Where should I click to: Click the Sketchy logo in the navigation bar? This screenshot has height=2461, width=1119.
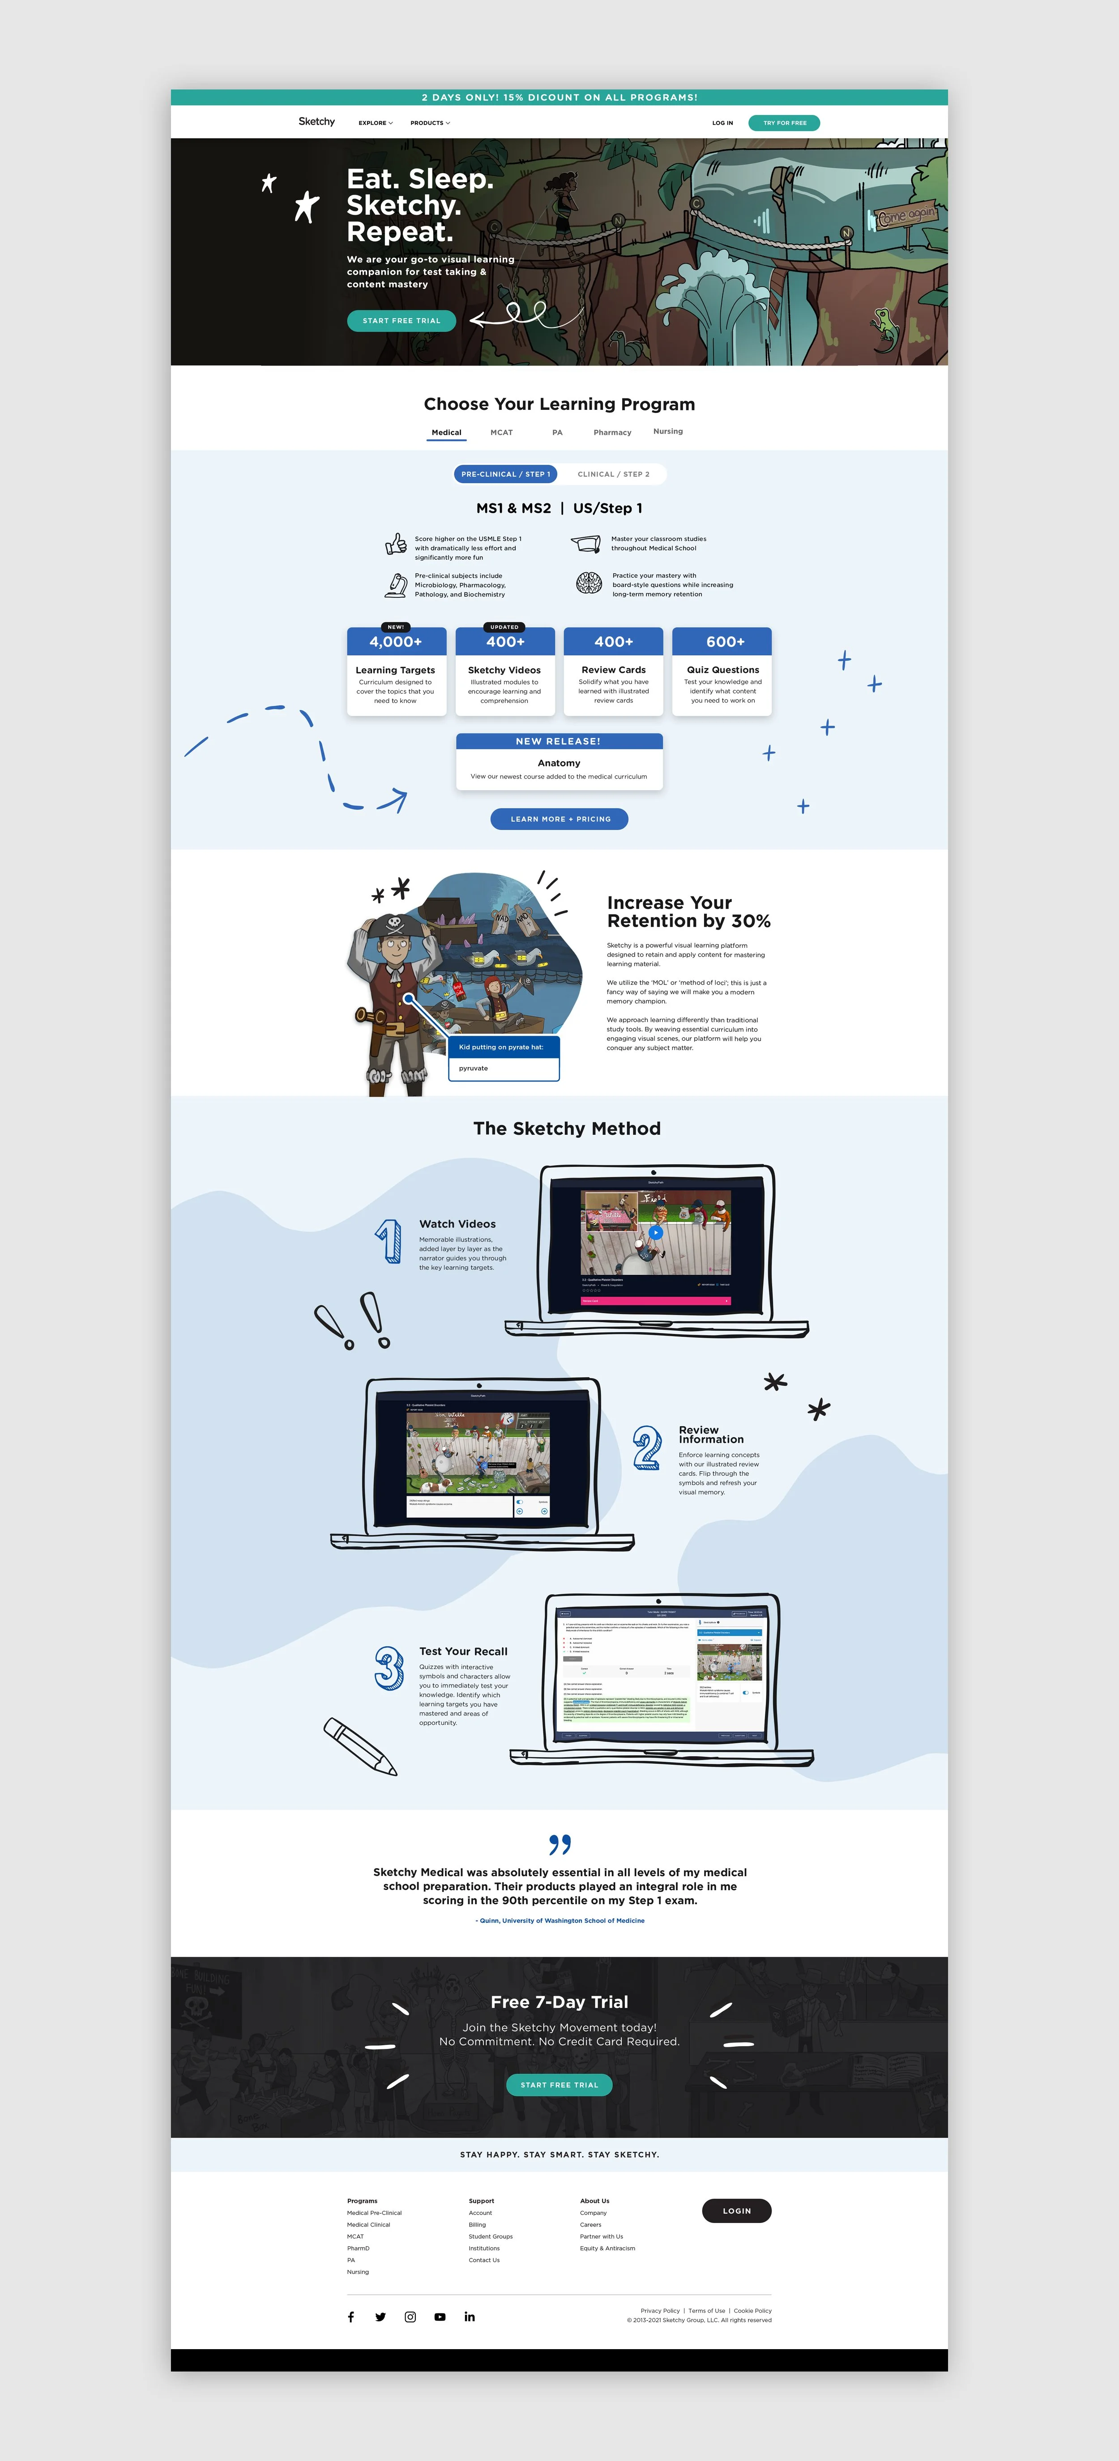tap(316, 122)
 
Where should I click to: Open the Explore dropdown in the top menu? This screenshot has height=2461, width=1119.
tap(375, 123)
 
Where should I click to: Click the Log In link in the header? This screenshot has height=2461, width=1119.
tap(722, 123)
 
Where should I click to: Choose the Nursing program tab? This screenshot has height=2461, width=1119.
tap(668, 432)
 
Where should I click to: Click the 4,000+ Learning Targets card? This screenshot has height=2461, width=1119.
tap(396, 672)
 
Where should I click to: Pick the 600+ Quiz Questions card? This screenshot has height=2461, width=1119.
tap(722, 672)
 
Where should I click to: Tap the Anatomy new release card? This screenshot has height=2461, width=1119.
tap(559, 762)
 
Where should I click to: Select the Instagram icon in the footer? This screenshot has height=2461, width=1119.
tap(410, 2317)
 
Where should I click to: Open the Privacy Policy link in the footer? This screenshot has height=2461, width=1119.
tap(659, 2310)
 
